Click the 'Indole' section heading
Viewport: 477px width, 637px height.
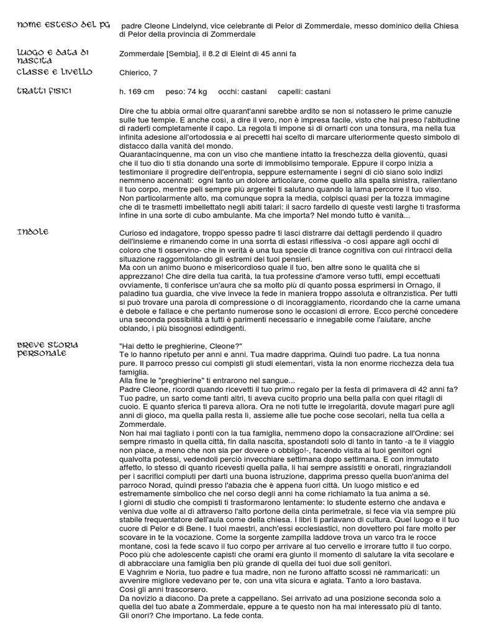tap(33, 231)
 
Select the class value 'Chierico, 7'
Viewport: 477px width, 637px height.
tap(138, 73)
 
